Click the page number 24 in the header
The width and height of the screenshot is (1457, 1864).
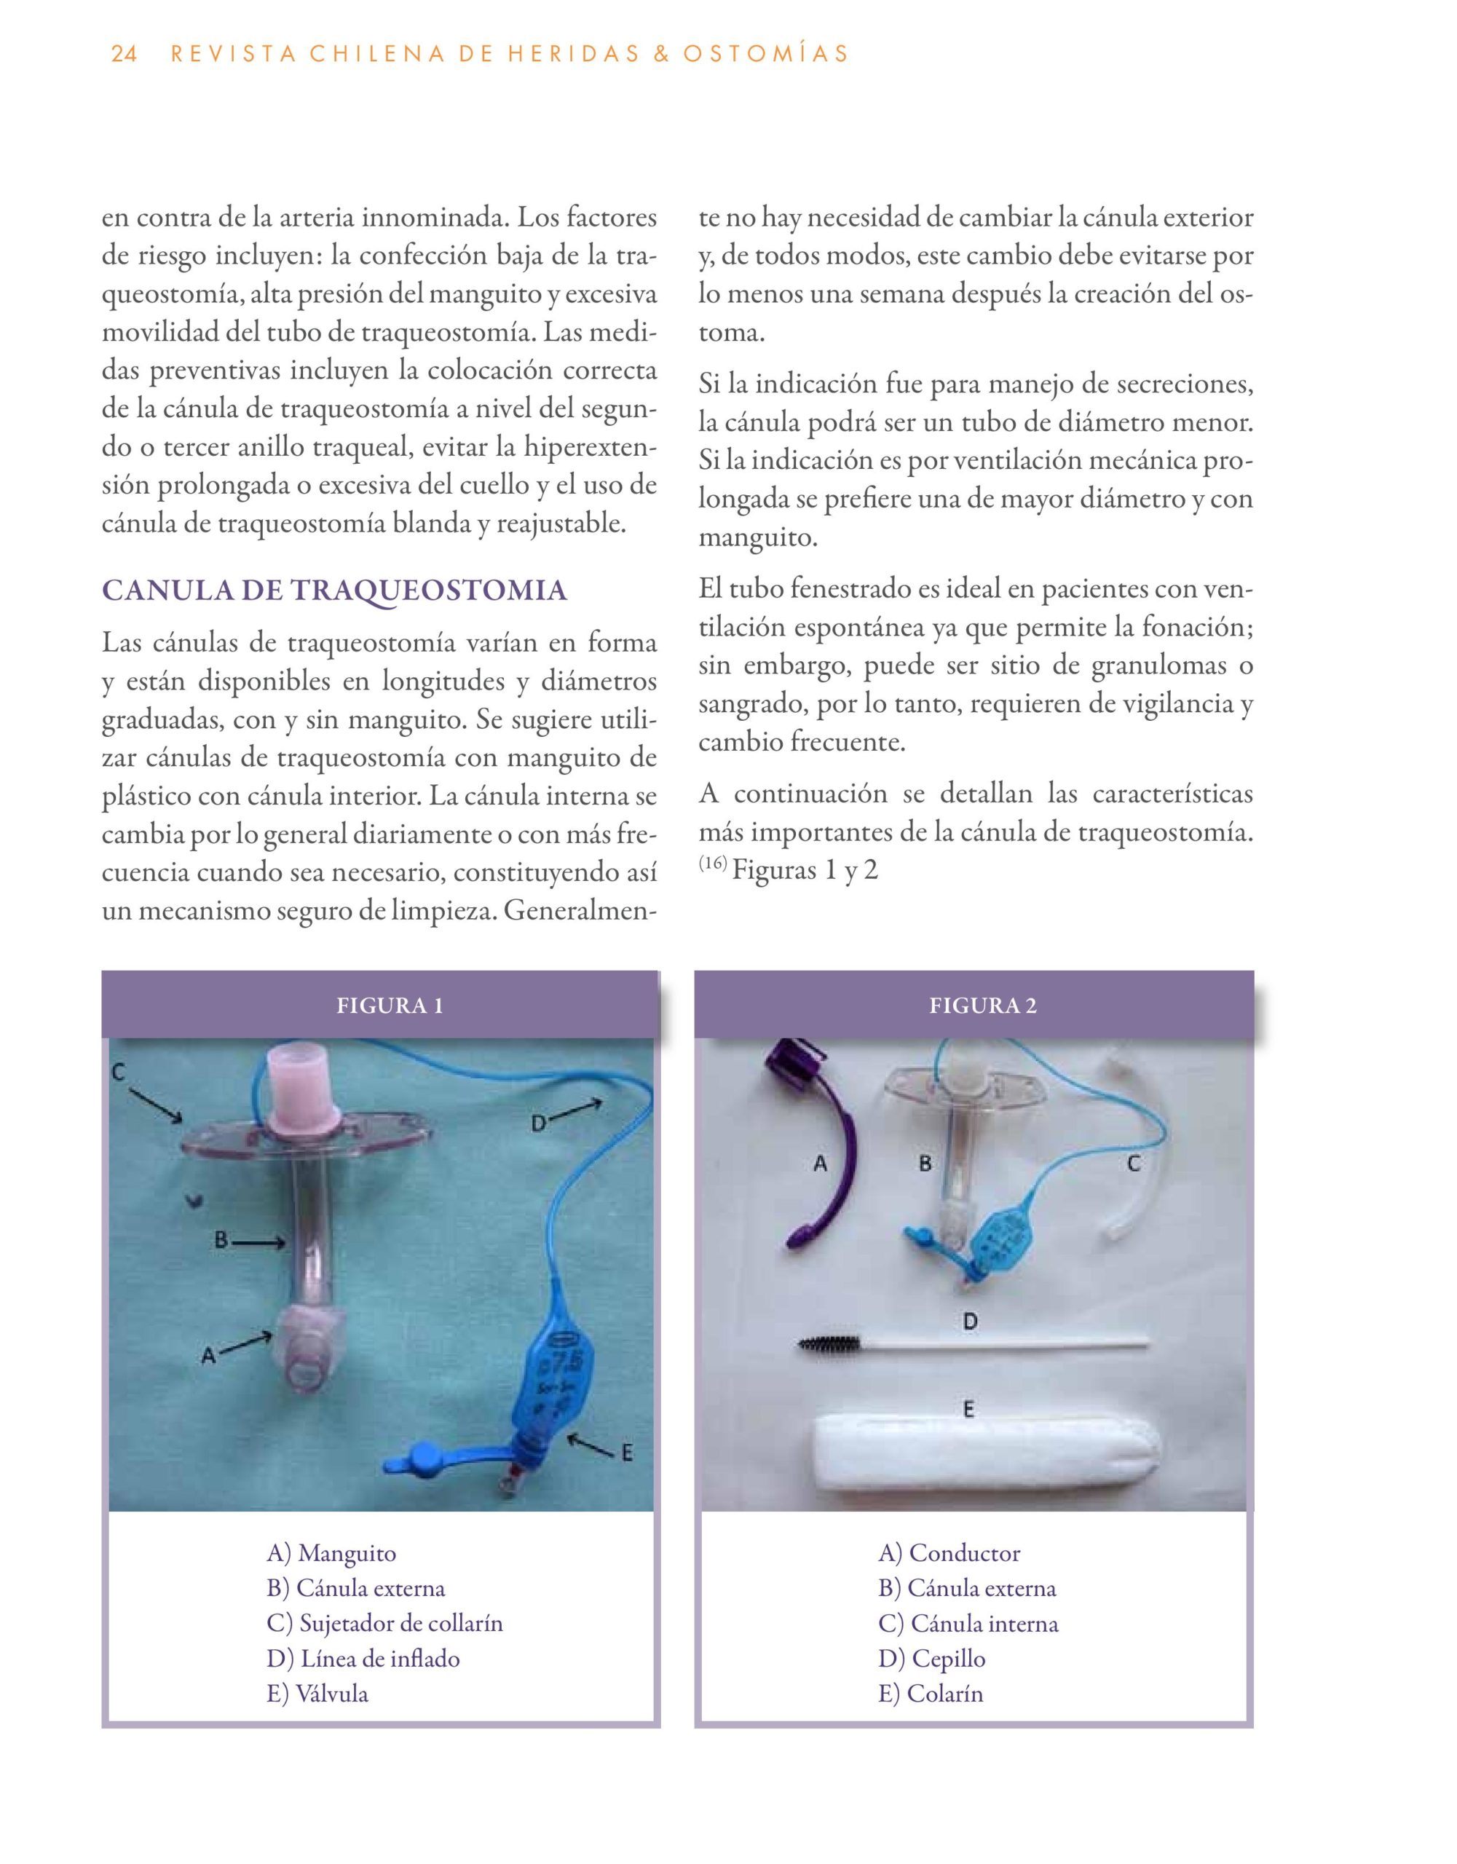pyautogui.click(x=124, y=55)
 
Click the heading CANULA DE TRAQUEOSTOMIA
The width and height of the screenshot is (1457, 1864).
pyautogui.click(x=333, y=591)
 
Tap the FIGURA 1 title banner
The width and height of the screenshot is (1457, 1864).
pyautogui.click(x=390, y=1006)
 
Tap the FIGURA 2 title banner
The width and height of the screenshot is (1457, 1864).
pyautogui.click(x=982, y=1006)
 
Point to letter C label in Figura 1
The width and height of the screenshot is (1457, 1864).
pyautogui.click(x=119, y=1072)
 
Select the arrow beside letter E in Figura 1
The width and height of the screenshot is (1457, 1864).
pyautogui.click(x=589, y=1445)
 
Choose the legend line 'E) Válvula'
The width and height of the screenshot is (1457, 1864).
pyautogui.click(x=317, y=1694)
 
